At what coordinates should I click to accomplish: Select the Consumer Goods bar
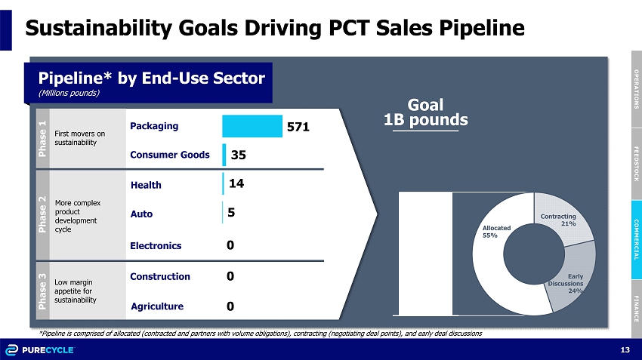point(224,155)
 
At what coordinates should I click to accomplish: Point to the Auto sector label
point(141,214)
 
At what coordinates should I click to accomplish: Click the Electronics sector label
point(156,245)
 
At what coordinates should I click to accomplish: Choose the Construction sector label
point(160,277)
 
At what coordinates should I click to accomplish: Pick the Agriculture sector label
point(157,306)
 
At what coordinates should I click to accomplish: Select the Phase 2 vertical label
point(42,214)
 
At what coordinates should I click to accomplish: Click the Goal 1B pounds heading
point(425,112)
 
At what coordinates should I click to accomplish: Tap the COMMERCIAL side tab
point(636,239)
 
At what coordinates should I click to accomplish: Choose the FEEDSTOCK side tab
point(636,164)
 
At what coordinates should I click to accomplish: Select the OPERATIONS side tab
point(636,88)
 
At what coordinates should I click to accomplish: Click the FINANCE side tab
point(636,307)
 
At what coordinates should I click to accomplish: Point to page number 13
point(624,349)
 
